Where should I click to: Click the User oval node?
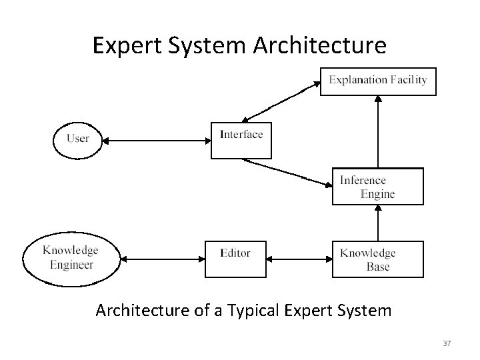pyautogui.click(x=78, y=140)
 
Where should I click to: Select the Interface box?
pyautogui.click(x=241, y=139)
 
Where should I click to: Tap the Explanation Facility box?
pyautogui.click(x=378, y=81)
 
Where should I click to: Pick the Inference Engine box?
pyautogui.click(x=377, y=186)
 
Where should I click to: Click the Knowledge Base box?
pyautogui.click(x=377, y=259)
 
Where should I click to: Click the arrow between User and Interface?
pyautogui.click(x=158, y=140)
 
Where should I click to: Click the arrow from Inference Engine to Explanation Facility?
pyautogui.click(x=378, y=131)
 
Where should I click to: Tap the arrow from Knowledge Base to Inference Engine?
pyautogui.click(x=378, y=223)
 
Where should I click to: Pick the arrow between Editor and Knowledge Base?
pyautogui.click(x=299, y=259)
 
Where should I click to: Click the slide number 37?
pyautogui.click(x=447, y=343)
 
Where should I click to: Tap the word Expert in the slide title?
pyautogui.click(x=123, y=45)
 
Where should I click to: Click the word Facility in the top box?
pyautogui.click(x=409, y=80)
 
